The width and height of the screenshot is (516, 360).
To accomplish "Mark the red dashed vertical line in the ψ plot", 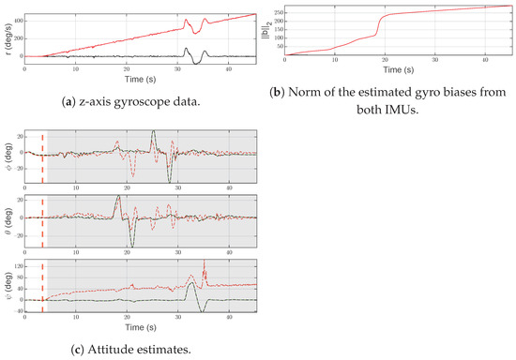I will (42, 287).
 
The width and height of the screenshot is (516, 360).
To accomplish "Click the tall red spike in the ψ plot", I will (205, 266).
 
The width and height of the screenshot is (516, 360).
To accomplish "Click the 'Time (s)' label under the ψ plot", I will (139, 328).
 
